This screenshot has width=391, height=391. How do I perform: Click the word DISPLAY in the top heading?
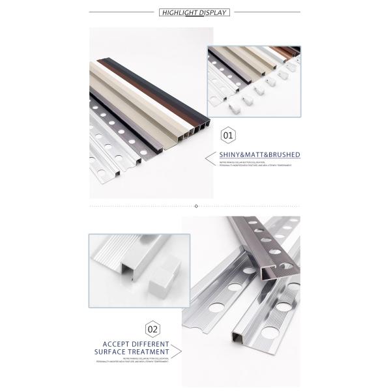[x=212, y=12]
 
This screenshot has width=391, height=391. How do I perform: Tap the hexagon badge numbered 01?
[x=228, y=136]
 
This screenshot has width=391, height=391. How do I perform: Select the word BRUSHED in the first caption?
[x=283, y=155]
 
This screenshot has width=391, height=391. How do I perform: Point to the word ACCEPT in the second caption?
[x=118, y=344]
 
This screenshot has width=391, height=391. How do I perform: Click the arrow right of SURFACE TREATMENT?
[x=177, y=352]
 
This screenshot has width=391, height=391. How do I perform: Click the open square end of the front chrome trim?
[x=235, y=338]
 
